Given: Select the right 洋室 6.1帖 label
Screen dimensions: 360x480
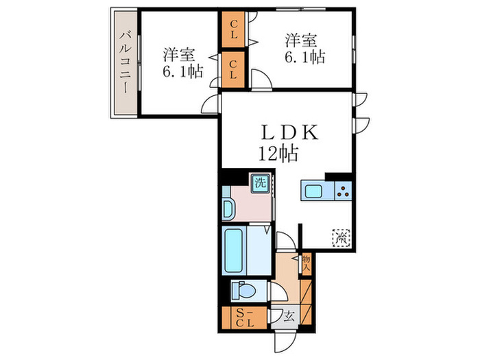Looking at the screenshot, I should [x=302, y=47].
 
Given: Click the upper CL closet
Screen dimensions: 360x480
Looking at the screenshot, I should [x=234, y=29].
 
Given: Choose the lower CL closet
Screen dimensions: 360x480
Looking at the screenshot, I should [x=234, y=69].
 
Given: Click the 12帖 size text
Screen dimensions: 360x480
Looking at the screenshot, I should [x=278, y=154].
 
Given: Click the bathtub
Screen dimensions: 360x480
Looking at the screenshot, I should [x=236, y=252].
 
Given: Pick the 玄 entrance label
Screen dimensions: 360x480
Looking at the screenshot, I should [x=289, y=316].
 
